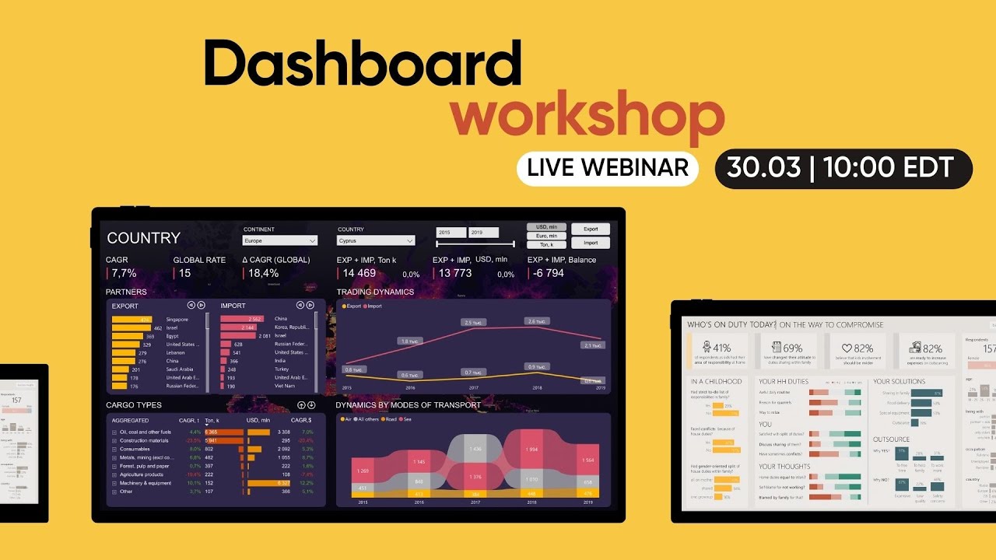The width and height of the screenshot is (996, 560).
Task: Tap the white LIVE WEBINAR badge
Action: pyautogui.click(x=608, y=168)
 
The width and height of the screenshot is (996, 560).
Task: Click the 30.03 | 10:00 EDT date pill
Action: pyautogui.click(x=843, y=169)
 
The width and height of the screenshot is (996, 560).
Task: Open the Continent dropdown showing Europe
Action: pyautogui.click(x=280, y=241)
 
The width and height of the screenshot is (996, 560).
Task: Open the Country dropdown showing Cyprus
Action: pyautogui.click(x=375, y=241)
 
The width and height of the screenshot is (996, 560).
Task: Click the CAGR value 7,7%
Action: pyautogui.click(x=124, y=273)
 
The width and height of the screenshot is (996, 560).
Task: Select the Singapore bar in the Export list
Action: pyautogui.click(x=132, y=320)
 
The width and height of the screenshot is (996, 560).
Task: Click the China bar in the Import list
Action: pyautogui.click(x=243, y=320)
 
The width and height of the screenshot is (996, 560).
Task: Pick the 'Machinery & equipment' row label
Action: pyautogui.click(x=146, y=483)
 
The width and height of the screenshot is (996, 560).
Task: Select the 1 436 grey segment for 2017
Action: pyautogui.click(x=475, y=450)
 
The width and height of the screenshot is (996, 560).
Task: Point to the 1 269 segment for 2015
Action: pyautogui.click(x=362, y=471)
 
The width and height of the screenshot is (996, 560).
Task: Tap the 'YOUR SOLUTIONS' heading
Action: pyautogui.click(x=899, y=382)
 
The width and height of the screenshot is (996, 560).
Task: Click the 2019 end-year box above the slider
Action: pyautogui.click(x=483, y=233)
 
